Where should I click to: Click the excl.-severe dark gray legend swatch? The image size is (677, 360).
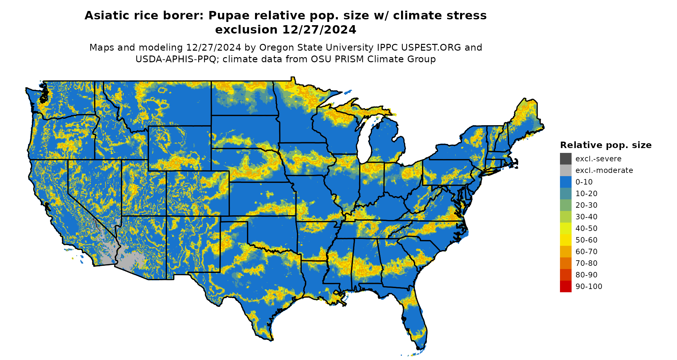click(x=565, y=159)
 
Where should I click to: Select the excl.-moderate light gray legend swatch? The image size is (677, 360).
click(x=565, y=170)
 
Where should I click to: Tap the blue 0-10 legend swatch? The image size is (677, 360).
click(x=565, y=182)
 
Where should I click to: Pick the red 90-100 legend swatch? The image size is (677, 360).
click(x=565, y=286)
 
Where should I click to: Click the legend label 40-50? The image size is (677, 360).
click(x=586, y=228)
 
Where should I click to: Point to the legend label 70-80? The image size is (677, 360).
click(x=586, y=263)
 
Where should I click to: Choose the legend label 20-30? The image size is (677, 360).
click(x=586, y=205)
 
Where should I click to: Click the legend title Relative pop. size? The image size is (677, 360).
click(x=606, y=145)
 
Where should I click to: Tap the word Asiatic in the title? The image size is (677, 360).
click(x=105, y=15)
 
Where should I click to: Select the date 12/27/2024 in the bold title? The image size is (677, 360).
click(x=319, y=30)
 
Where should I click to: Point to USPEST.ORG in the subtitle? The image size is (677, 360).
click(x=431, y=47)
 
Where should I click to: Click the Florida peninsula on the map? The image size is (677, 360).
click(x=416, y=319)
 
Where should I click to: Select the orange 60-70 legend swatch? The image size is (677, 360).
click(x=565, y=252)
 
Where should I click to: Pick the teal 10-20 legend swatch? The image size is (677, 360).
click(x=565, y=194)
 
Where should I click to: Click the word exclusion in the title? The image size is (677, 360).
click(x=246, y=30)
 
